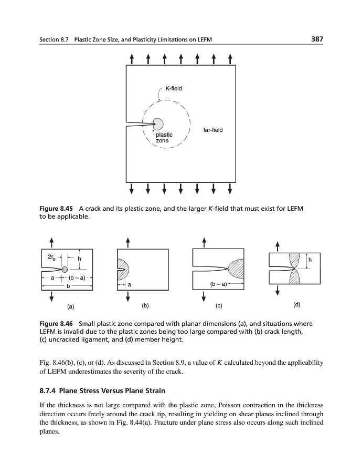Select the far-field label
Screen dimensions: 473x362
point(212,130)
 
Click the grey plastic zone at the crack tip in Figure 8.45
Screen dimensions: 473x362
point(157,124)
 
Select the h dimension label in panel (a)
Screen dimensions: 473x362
point(80,259)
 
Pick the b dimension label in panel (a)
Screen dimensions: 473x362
point(68,285)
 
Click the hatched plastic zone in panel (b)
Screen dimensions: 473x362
point(123,269)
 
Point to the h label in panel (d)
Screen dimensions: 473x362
point(310,260)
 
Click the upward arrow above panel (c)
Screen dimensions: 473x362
point(204,242)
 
